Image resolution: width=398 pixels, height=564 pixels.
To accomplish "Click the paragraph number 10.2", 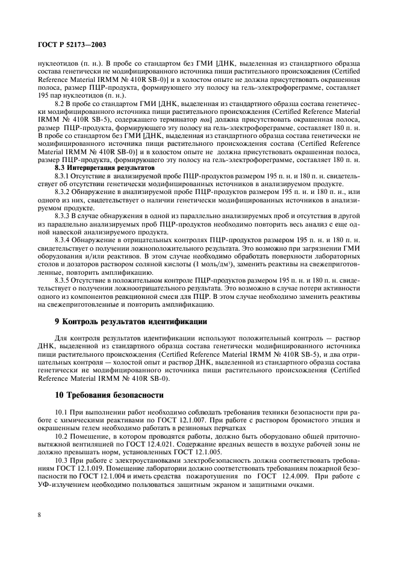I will point(62,434).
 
